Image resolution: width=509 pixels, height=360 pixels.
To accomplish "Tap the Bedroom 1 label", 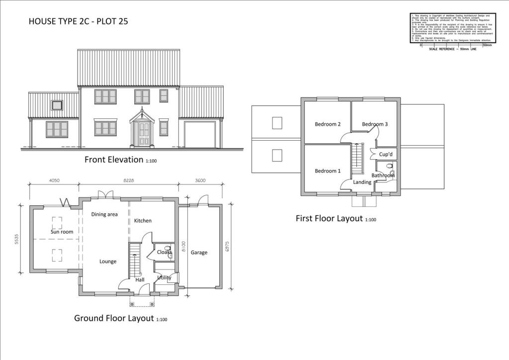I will pos(328,171).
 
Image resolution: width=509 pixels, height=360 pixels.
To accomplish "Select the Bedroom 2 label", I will pos(328,124).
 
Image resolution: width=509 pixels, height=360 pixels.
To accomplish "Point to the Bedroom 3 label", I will pos(375,124).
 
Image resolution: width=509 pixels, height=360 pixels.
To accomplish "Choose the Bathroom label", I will pos(383,176).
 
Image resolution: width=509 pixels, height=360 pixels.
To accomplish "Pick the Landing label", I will pos(362,182).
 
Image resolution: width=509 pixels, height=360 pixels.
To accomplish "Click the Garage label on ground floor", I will pos(199,253).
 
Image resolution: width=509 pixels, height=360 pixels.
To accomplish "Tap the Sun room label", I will pos(62,232).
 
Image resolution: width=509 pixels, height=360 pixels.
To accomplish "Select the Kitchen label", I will pos(143,221).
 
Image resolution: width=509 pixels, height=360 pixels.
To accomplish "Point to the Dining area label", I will pos(104,214).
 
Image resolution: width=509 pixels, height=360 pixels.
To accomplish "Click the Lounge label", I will pos(108,262).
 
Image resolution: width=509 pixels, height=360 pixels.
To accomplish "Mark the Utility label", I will pos(164,277).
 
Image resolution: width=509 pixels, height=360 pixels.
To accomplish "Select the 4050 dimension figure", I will pos(55,181).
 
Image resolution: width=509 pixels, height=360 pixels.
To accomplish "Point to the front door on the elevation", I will pos(144,134).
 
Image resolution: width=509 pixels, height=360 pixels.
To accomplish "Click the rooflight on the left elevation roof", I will pos(57,105).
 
